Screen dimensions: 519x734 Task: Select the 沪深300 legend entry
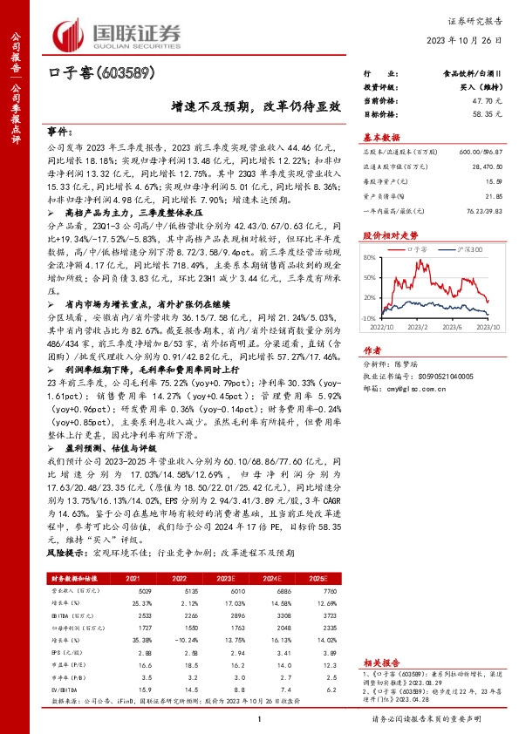point(472,249)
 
